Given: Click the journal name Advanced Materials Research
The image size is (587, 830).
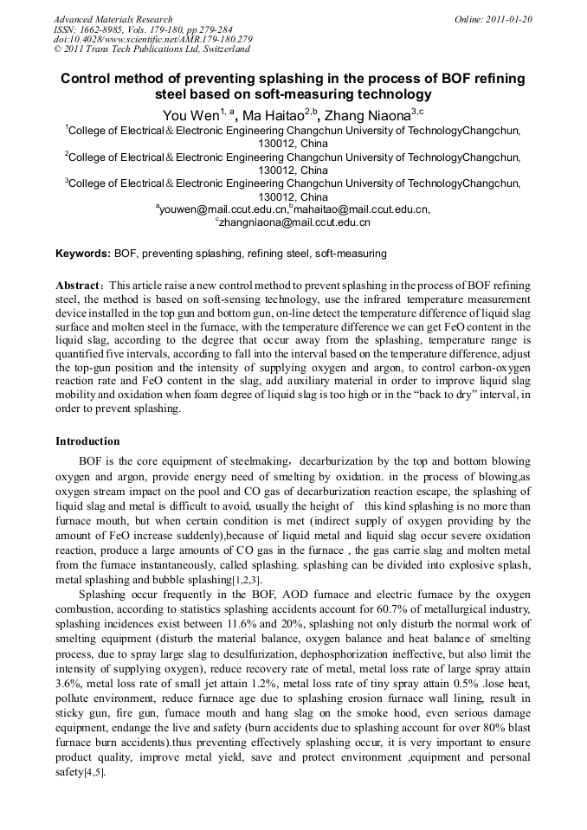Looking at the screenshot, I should [113, 19].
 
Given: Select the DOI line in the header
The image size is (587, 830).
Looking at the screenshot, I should [152, 39].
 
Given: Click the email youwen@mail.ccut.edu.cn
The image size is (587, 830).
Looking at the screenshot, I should [223, 209].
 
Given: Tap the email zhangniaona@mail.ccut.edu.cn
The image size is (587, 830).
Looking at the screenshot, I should [295, 222].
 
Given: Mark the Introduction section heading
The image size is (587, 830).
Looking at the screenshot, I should [87, 441].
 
